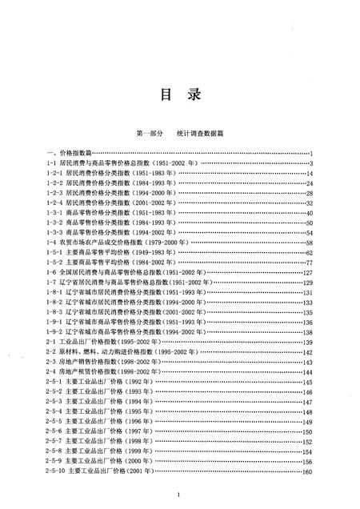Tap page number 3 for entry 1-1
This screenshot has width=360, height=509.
(x=310, y=163)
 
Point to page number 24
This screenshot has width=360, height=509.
(x=308, y=183)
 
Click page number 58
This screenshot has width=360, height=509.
(x=308, y=242)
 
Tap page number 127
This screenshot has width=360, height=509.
(x=306, y=272)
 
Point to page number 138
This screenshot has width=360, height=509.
(x=306, y=331)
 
